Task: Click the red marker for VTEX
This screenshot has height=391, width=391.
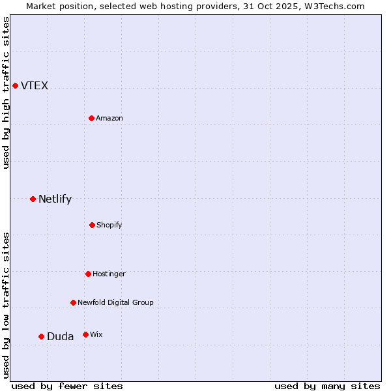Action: click(x=15, y=85)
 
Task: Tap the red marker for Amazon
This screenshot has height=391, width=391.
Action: click(x=91, y=118)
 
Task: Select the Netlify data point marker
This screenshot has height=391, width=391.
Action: click(x=33, y=199)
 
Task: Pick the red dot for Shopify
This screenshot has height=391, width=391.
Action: click(x=92, y=225)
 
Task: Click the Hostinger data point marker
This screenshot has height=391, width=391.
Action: click(x=88, y=274)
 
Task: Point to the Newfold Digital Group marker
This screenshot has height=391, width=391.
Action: click(x=73, y=302)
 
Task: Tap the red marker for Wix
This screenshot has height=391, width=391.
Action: click(x=85, y=334)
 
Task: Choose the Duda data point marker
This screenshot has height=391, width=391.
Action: click(x=41, y=336)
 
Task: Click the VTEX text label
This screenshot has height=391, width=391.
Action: click(x=35, y=86)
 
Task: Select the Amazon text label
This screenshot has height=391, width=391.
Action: click(x=109, y=119)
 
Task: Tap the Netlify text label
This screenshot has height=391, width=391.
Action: click(x=55, y=199)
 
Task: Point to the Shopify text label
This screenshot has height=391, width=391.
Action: click(x=109, y=225)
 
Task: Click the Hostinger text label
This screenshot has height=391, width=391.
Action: click(x=109, y=274)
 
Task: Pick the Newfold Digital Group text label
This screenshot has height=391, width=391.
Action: click(x=115, y=303)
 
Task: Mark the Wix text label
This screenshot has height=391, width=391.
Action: click(x=96, y=335)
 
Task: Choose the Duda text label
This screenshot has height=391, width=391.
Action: click(x=60, y=337)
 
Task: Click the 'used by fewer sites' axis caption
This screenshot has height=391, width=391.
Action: click(x=67, y=386)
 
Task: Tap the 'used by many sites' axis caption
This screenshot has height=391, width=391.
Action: click(x=327, y=386)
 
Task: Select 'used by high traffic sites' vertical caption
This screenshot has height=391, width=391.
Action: click(x=6, y=93)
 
